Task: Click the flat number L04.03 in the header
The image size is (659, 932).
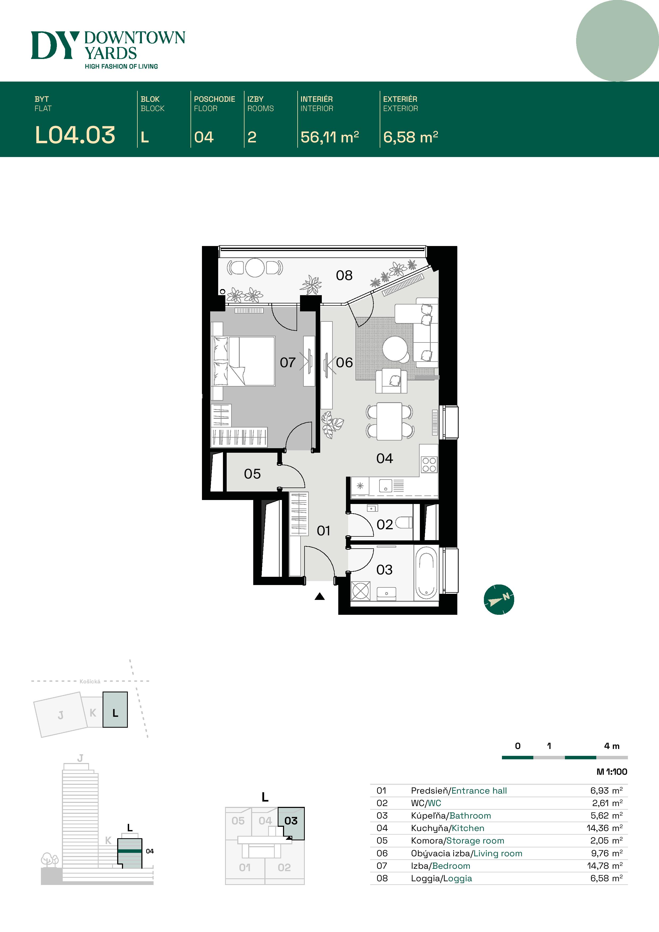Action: (x=75, y=135)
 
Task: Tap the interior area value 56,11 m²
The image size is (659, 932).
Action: (x=329, y=137)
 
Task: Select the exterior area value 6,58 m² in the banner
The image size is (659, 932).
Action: (x=410, y=137)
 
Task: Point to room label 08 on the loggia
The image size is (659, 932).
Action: (x=344, y=276)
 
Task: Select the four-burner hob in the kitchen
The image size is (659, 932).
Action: (x=429, y=464)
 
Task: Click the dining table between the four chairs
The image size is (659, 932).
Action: (x=389, y=421)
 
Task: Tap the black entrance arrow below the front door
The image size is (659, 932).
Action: (x=320, y=596)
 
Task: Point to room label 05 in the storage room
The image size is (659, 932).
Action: (x=252, y=474)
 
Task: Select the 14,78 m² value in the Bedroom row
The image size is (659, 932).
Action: (x=604, y=866)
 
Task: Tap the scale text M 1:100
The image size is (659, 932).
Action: (x=611, y=772)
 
